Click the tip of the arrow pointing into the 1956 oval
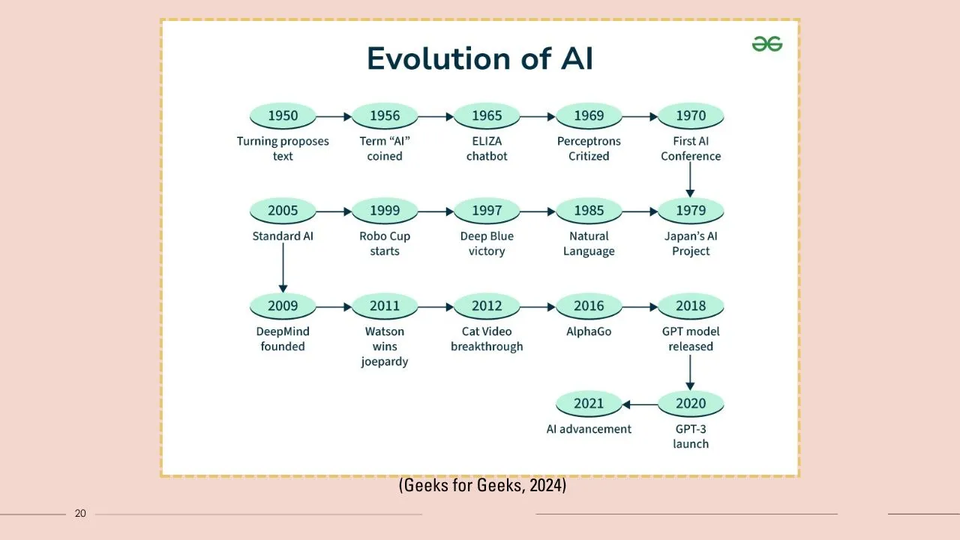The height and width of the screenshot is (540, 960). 352,116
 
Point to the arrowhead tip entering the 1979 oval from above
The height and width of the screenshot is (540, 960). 690,197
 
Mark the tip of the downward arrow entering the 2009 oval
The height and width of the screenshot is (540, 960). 283,292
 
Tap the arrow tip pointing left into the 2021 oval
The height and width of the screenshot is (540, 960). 622,404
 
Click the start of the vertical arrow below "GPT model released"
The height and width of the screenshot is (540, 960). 690,355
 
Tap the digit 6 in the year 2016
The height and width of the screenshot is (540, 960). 599,306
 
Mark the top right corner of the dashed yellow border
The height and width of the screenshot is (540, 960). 799,19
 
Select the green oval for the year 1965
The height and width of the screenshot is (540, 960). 487,115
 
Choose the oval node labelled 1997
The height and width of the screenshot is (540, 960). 487,211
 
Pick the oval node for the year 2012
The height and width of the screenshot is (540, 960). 487,306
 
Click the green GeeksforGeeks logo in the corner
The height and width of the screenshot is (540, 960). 767,44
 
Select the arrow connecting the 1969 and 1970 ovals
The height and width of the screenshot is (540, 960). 640,116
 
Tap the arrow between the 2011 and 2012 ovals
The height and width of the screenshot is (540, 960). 436,307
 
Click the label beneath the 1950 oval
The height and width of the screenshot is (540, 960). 283,148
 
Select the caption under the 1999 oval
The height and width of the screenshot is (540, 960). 385,244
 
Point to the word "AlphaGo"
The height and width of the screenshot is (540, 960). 589,331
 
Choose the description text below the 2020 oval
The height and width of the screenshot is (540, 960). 691,436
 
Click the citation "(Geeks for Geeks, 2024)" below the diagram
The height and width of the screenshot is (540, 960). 482,485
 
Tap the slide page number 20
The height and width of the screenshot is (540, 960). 80,514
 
